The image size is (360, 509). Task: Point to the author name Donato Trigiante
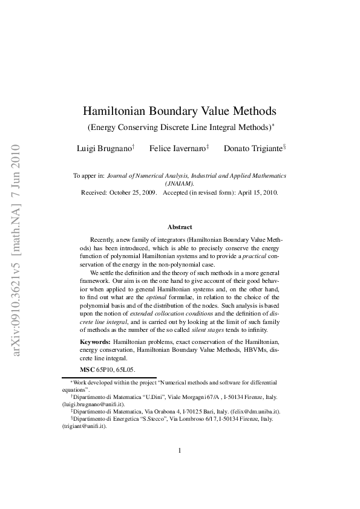coord(252,148)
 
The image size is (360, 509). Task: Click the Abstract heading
coord(180,227)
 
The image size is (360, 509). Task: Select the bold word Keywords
coord(96,342)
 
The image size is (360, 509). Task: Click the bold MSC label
coord(88,369)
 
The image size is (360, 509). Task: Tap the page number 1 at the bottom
coord(180,450)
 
